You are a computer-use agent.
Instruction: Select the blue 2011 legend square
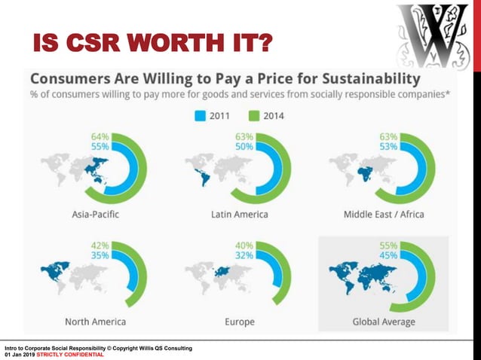pos(201,116)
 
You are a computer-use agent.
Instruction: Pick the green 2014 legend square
pos(254,116)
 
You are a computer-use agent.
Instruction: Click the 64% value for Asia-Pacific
pos(100,136)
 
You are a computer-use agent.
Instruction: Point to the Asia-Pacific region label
pos(95,215)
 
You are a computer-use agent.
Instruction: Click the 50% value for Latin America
pos(244,146)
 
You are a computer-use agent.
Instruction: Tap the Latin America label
pos(240,215)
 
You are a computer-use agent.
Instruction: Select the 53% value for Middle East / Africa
pos(389,146)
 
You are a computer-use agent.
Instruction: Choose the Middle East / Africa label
pos(384,215)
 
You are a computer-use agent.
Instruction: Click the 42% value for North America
pos(100,245)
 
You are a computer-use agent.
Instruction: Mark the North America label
pos(95,322)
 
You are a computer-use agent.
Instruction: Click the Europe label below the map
pos(240,322)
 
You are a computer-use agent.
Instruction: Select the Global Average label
pos(384,322)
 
